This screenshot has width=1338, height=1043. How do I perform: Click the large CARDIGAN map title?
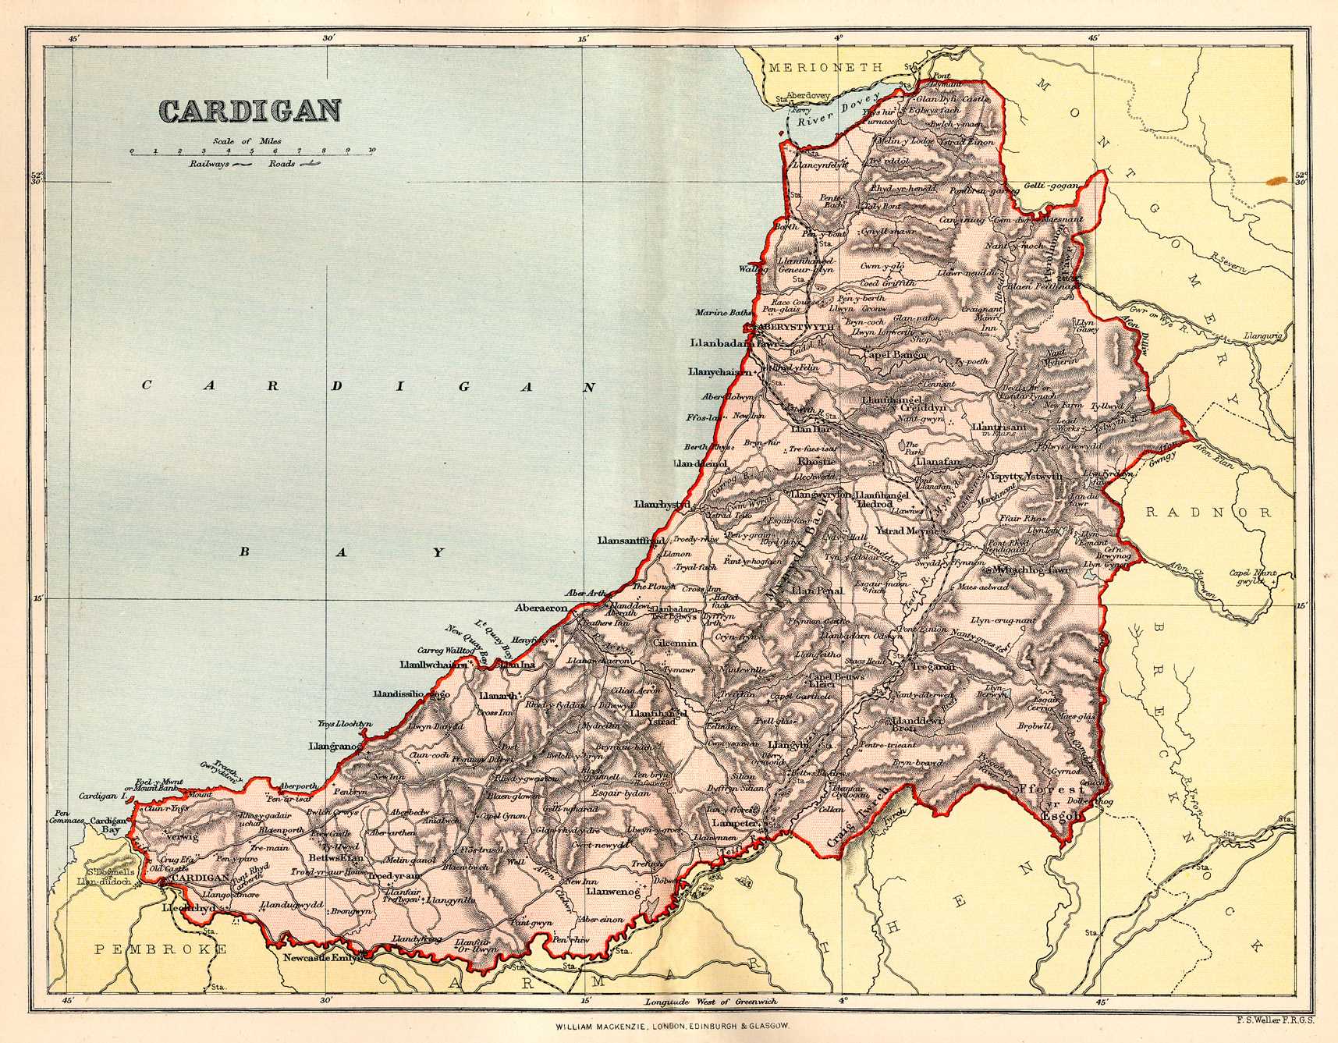point(251,110)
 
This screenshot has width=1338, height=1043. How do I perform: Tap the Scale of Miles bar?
point(252,154)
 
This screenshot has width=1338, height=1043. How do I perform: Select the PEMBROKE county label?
point(161,949)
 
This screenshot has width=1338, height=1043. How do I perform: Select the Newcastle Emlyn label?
point(322,958)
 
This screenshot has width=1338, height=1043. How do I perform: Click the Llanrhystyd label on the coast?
point(662,506)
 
